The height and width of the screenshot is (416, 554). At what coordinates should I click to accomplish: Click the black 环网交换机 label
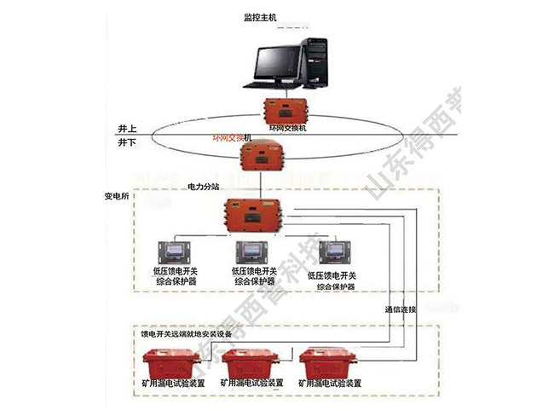click(x=287, y=128)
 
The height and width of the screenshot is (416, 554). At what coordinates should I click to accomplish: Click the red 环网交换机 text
click(x=234, y=137)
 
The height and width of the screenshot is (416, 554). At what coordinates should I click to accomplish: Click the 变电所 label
click(x=117, y=196)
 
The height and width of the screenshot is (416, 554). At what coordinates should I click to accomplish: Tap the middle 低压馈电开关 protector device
click(x=255, y=253)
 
